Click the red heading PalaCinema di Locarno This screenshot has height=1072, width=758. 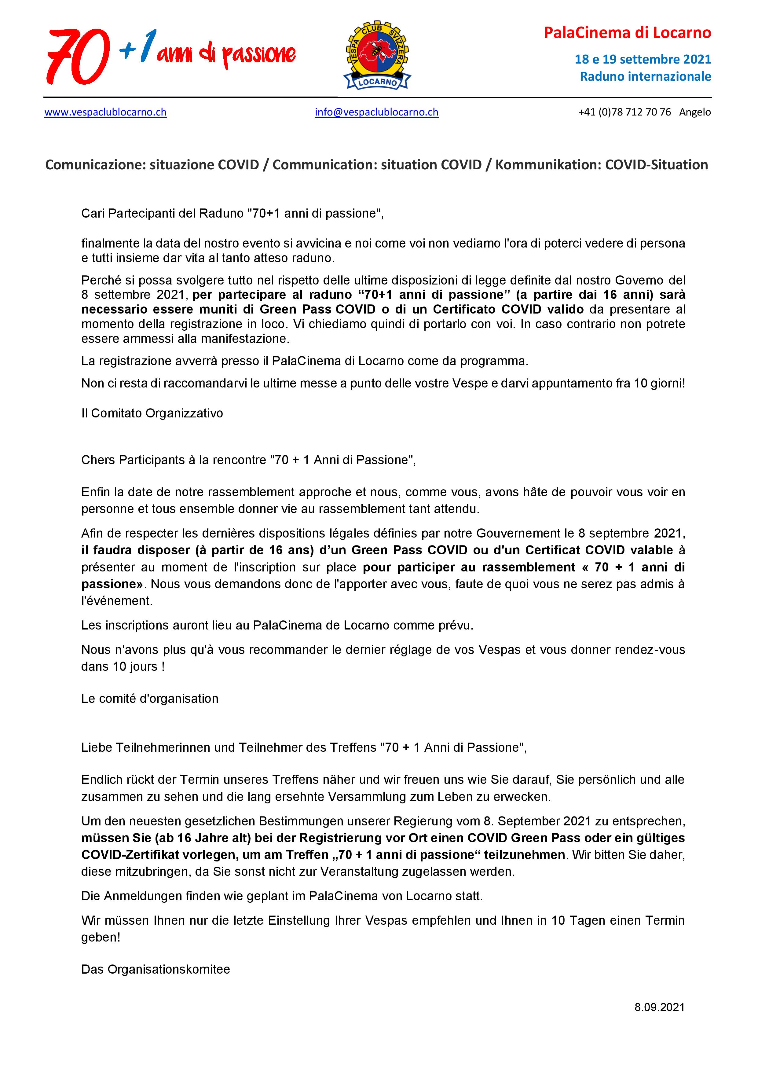[627, 33]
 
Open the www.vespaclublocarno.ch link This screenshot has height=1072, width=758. [105, 112]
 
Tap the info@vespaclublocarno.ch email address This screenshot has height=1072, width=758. [376, 112]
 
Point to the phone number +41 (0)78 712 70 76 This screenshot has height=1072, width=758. [624, 112]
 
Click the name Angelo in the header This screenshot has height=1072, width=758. [695, 112]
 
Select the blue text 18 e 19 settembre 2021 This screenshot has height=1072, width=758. [643, 59]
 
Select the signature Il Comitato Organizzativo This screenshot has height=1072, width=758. [152, 413]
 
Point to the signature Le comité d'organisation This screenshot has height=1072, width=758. [150, 699]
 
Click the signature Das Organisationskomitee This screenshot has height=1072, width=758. [156, 969]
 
